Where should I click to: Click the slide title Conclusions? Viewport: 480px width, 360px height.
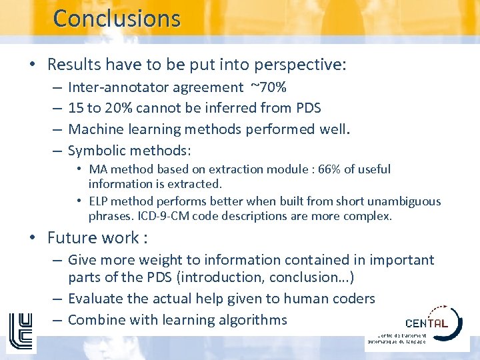[117, 18]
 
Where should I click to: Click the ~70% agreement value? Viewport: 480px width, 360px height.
[269, 87]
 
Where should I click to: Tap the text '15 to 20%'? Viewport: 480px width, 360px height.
[98, 108]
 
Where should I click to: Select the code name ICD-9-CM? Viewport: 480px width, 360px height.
[161, 216]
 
